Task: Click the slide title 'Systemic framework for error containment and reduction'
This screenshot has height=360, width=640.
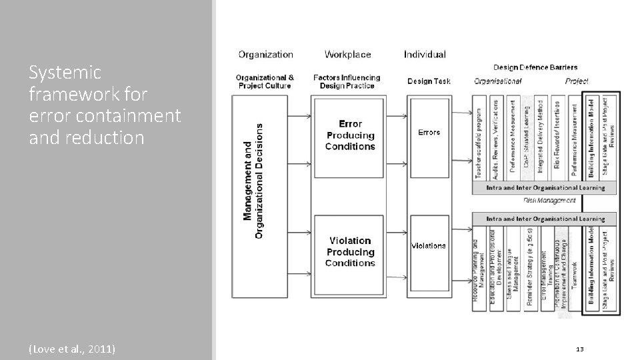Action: pyautogui.click(x=105, y=105)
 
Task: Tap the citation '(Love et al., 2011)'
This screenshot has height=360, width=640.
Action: pyautogui.click(x=72, y=348)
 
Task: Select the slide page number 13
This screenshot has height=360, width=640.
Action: pyautogui.click(x=578, y=349)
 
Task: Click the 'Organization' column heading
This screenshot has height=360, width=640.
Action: pyautogui.click(x=265, y=54)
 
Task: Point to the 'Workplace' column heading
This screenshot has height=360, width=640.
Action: pyautogui.click(x=348, y=54)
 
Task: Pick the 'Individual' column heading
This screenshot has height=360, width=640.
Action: pyautogui.click(x=425, y=54)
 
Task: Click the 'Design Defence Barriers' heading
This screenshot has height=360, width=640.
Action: pyautogui.click(x=535, y=67)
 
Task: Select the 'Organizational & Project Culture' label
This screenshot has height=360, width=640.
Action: pyautogui.click(x=264, y=81)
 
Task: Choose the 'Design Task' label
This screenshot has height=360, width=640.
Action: pyautogui.click(x=429, y=81)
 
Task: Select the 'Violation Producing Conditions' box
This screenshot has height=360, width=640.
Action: pyautogui.click(x=350, y=251)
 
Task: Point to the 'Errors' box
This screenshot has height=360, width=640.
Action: pyautogui.click(x=429, y=132)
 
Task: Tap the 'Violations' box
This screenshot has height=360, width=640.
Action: pyautogui.click(x=428, y=245)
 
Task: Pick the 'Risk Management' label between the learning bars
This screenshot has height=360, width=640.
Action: pyautogui.click(x=549, y=200)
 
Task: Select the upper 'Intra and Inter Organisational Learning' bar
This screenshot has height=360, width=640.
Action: pyautogui.click(x=545, y=188)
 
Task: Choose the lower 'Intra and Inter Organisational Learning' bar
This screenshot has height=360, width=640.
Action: pyautogui.click(x=545, y=219)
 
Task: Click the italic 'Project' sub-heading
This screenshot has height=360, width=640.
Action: pyautogui.click(x=577, y=81)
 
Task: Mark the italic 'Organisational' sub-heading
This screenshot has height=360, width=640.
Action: pyautogui.click(x=497, y=81)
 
